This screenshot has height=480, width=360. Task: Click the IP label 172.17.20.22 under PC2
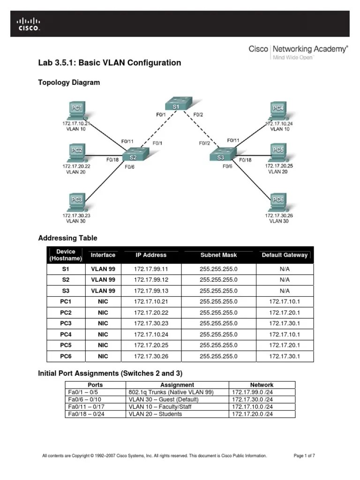coord(76,166)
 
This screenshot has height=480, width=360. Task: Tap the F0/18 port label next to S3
coord(245,160)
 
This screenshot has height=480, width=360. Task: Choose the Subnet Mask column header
coord(218,255)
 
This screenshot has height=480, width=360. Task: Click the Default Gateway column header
coord(285,255)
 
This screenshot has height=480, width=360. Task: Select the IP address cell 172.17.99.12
coord(151,279)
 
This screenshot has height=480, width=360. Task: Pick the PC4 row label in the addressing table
coord(66,334)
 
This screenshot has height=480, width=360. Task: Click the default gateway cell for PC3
coord(285,323)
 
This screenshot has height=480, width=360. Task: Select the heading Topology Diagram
coord(69,82)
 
